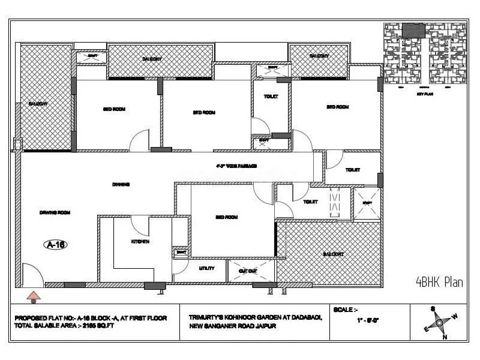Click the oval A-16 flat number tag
55,244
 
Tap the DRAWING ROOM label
55,212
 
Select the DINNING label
121,184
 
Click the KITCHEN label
140,241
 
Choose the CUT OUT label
248,271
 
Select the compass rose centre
440,322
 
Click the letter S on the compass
432,309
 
